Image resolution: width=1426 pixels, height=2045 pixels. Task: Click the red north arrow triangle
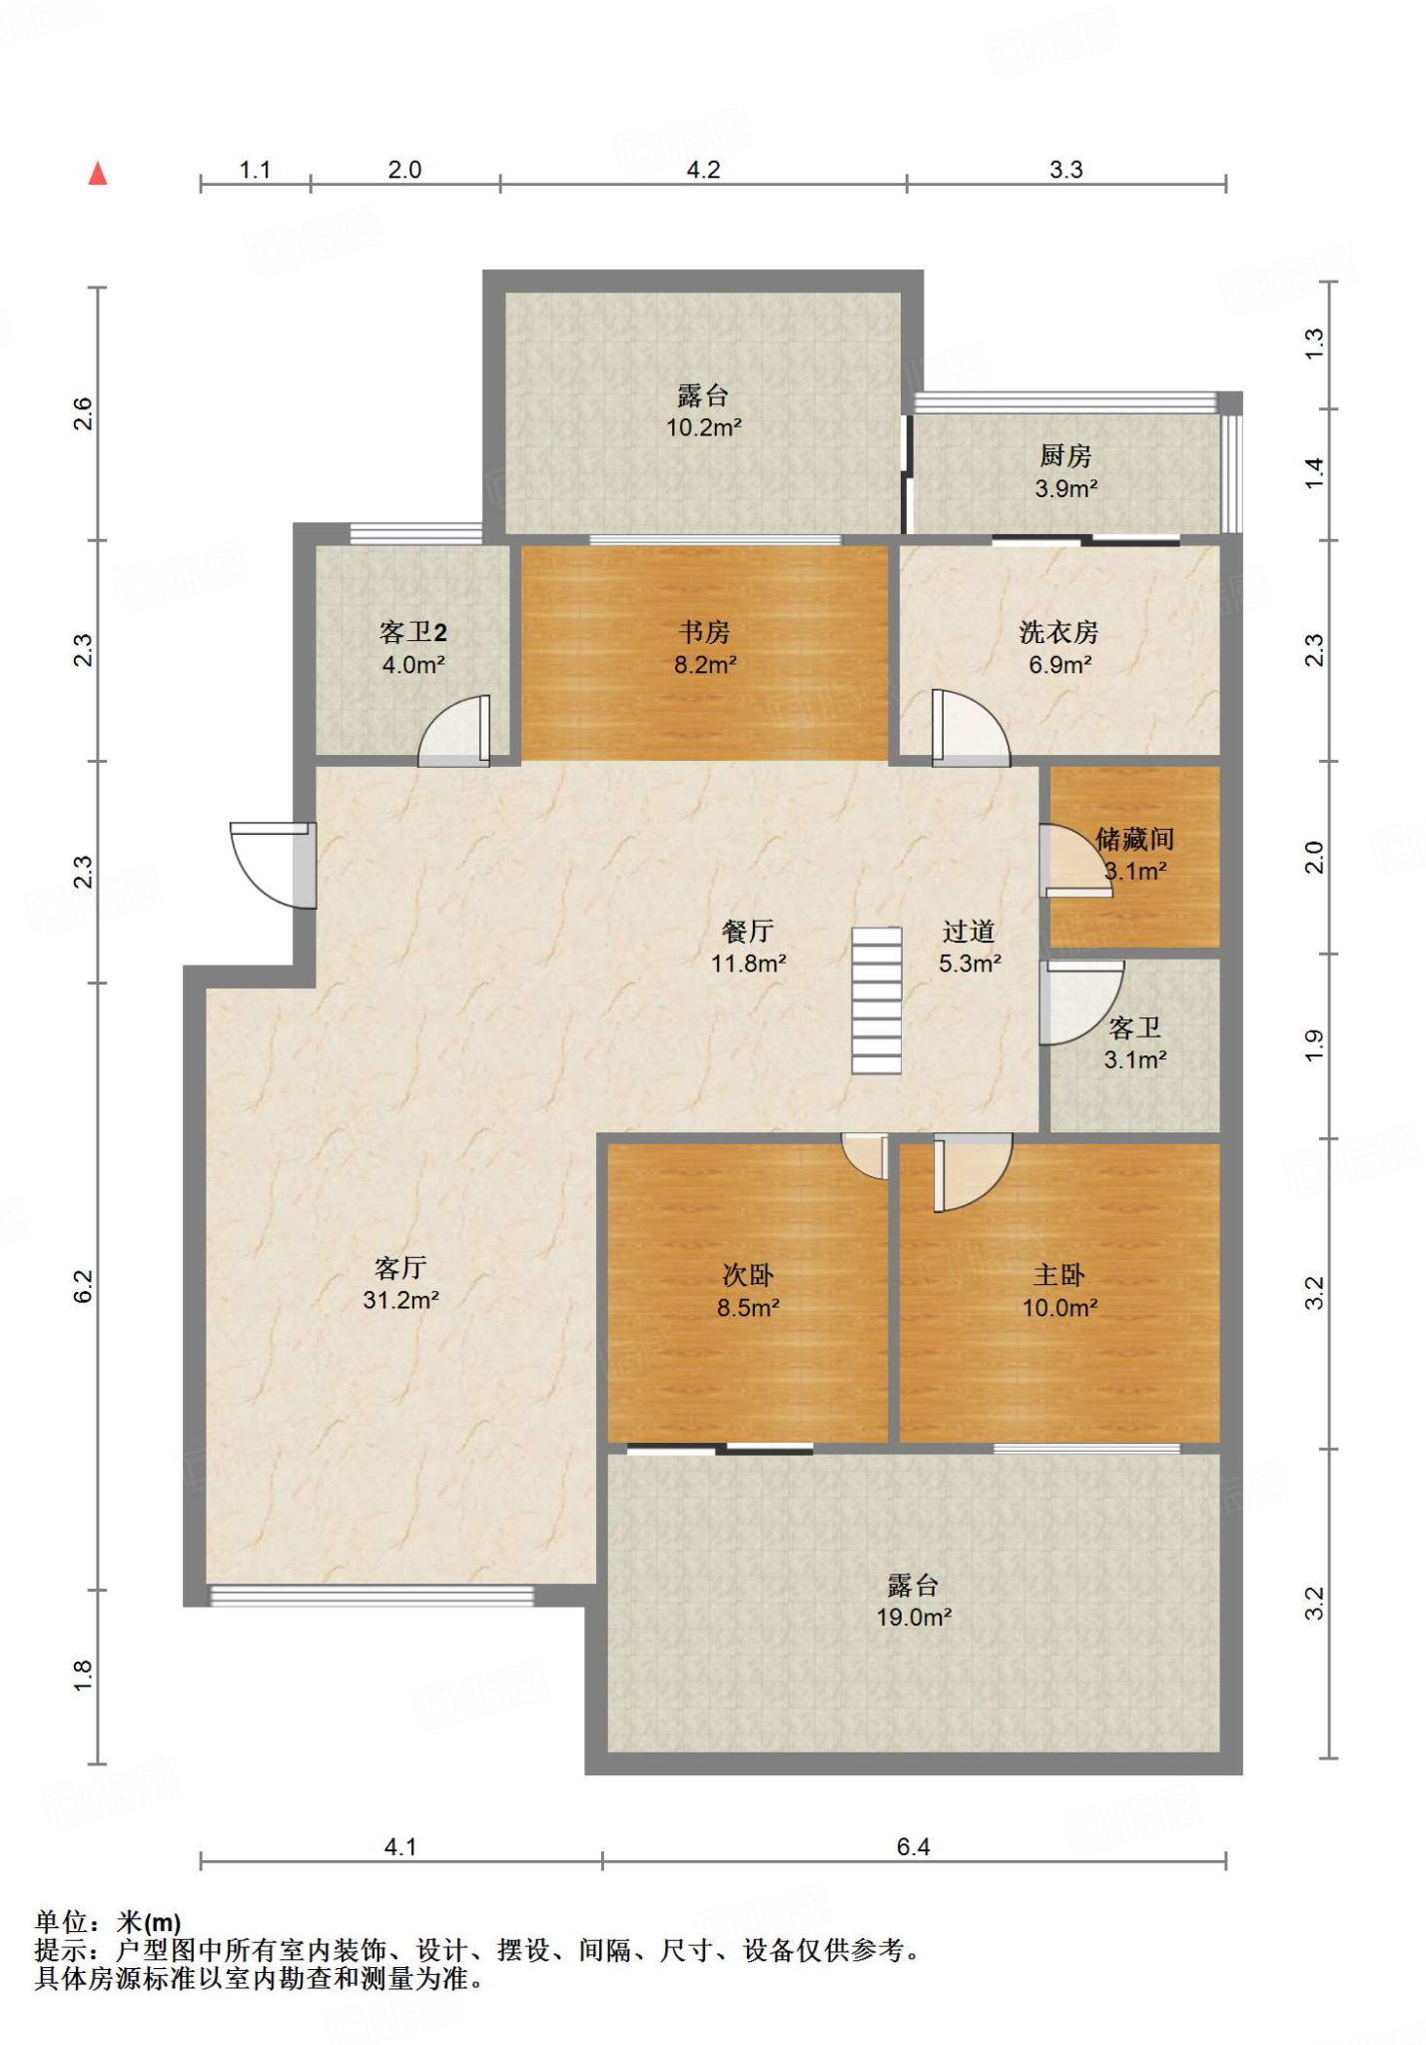coord(97,174)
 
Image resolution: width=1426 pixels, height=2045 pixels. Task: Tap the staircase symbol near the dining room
coord(877,1001)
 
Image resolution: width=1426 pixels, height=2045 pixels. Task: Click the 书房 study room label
coord(705,632)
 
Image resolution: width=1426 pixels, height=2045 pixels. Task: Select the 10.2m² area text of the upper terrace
coord(704,427)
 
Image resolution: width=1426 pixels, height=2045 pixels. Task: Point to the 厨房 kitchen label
coord(1066,456)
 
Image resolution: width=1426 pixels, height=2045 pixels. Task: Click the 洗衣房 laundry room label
coord(1060,632)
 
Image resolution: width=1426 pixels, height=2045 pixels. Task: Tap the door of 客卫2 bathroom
coord(454,730)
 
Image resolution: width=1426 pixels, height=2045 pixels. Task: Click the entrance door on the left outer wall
coord(273,865)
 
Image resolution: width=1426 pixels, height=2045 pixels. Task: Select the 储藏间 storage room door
coord(1075,860)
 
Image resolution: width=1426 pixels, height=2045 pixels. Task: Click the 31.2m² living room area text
coord(401,1300)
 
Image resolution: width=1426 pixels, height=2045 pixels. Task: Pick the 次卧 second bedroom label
coord(748,1275)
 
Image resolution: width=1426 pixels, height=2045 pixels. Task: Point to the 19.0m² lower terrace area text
coord(914,1618)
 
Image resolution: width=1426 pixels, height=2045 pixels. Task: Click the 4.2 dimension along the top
coord(703,170)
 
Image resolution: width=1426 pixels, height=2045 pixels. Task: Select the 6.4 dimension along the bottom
coord(913,1847)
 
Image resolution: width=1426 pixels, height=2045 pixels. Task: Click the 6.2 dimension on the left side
coord(83,1286)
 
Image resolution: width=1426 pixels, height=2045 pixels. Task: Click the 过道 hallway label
coord(969,932)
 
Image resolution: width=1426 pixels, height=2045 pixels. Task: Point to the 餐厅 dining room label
coord(748,932)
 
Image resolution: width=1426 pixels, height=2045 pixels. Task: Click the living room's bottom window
coord(371,1596)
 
